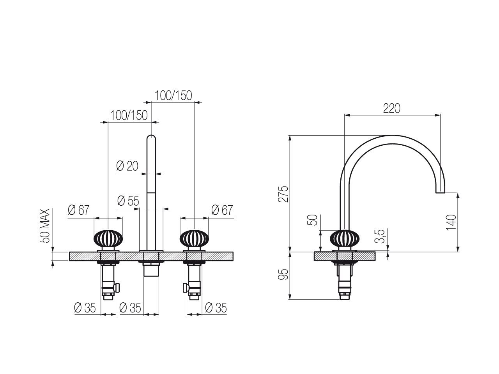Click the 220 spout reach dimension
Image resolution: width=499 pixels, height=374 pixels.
tap(391, 108)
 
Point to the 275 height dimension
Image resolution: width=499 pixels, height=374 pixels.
tap(283, 194)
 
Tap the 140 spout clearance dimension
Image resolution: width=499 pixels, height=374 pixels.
tap(451, 222)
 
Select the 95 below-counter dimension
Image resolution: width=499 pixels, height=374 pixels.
tap(283, 274)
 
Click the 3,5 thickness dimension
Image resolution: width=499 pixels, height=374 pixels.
tap(380, 236)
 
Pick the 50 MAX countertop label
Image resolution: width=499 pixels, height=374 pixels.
tap(45, 226)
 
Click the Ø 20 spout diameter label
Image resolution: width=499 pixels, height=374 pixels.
tap(127, 166)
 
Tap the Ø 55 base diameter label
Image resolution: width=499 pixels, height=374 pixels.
tap(128, 201)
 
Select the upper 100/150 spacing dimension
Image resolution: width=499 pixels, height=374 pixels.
tap(173, 95)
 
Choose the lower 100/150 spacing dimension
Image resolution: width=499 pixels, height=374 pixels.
tap(129, 115)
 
